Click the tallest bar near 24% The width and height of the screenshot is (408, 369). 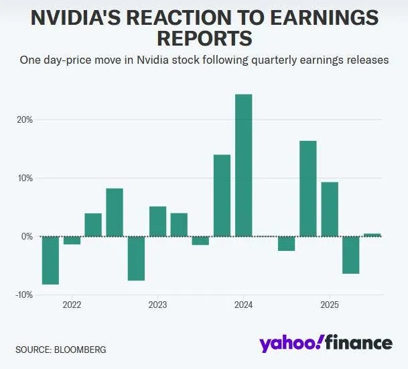click(243, 165)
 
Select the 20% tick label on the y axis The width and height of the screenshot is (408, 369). click(25, 120)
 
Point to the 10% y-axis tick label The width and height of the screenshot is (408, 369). click(25, 178)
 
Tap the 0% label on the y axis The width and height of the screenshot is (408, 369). click(27, 237)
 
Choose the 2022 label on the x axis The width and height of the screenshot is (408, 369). click(72, 305)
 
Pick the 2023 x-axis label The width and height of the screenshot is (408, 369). click(157, 305)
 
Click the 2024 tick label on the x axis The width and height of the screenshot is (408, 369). click(243, 305)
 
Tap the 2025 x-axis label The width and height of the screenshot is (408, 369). click(329, 305)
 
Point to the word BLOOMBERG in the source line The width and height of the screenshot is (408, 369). click(80, 350)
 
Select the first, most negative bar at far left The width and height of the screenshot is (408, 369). click(50, 260)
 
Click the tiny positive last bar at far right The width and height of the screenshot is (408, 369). click(372, 235)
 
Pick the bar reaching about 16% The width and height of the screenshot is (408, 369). click(308, 189)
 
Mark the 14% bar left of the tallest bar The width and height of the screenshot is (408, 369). click(222, 195)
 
